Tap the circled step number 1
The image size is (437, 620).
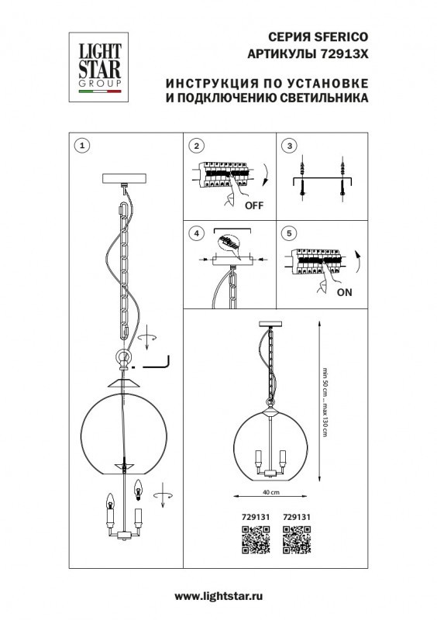tap(83, 146)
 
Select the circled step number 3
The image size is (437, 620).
tap(290, 146)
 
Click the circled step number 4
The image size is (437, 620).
tap(197, 232)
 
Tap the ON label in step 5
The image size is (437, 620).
tap(344, 292)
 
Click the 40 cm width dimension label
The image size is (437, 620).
tap(270, 491)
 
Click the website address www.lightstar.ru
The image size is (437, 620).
tap(218, 594)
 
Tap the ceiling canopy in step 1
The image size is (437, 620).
tap(125, 177)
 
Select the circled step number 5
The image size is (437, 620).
tap(290, 232)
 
